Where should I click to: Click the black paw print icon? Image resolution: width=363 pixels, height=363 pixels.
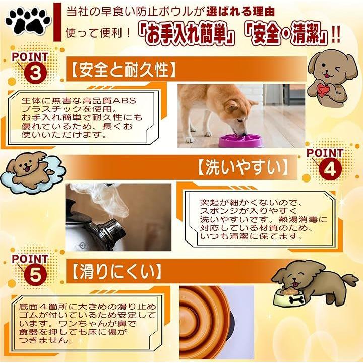(x=28, y=20)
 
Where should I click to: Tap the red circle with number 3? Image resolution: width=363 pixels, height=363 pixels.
(x=35, y=73)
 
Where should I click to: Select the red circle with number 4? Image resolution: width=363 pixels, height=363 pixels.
(x=330, y=169)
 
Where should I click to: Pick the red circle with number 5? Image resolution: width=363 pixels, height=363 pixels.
(x=35, y=275)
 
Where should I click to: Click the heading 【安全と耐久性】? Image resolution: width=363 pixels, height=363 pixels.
(x=123, y=70)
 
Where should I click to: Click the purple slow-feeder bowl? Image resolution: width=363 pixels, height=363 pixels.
(x=240, y=140)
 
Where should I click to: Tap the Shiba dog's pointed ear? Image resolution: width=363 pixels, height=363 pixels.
(x=253, y=102)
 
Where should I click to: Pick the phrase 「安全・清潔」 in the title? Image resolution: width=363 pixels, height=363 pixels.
(x=286, y=35)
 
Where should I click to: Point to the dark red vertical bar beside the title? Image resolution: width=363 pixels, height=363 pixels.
(x=57, y=22)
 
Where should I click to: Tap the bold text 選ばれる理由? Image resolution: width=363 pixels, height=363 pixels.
(x=240, y=12)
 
